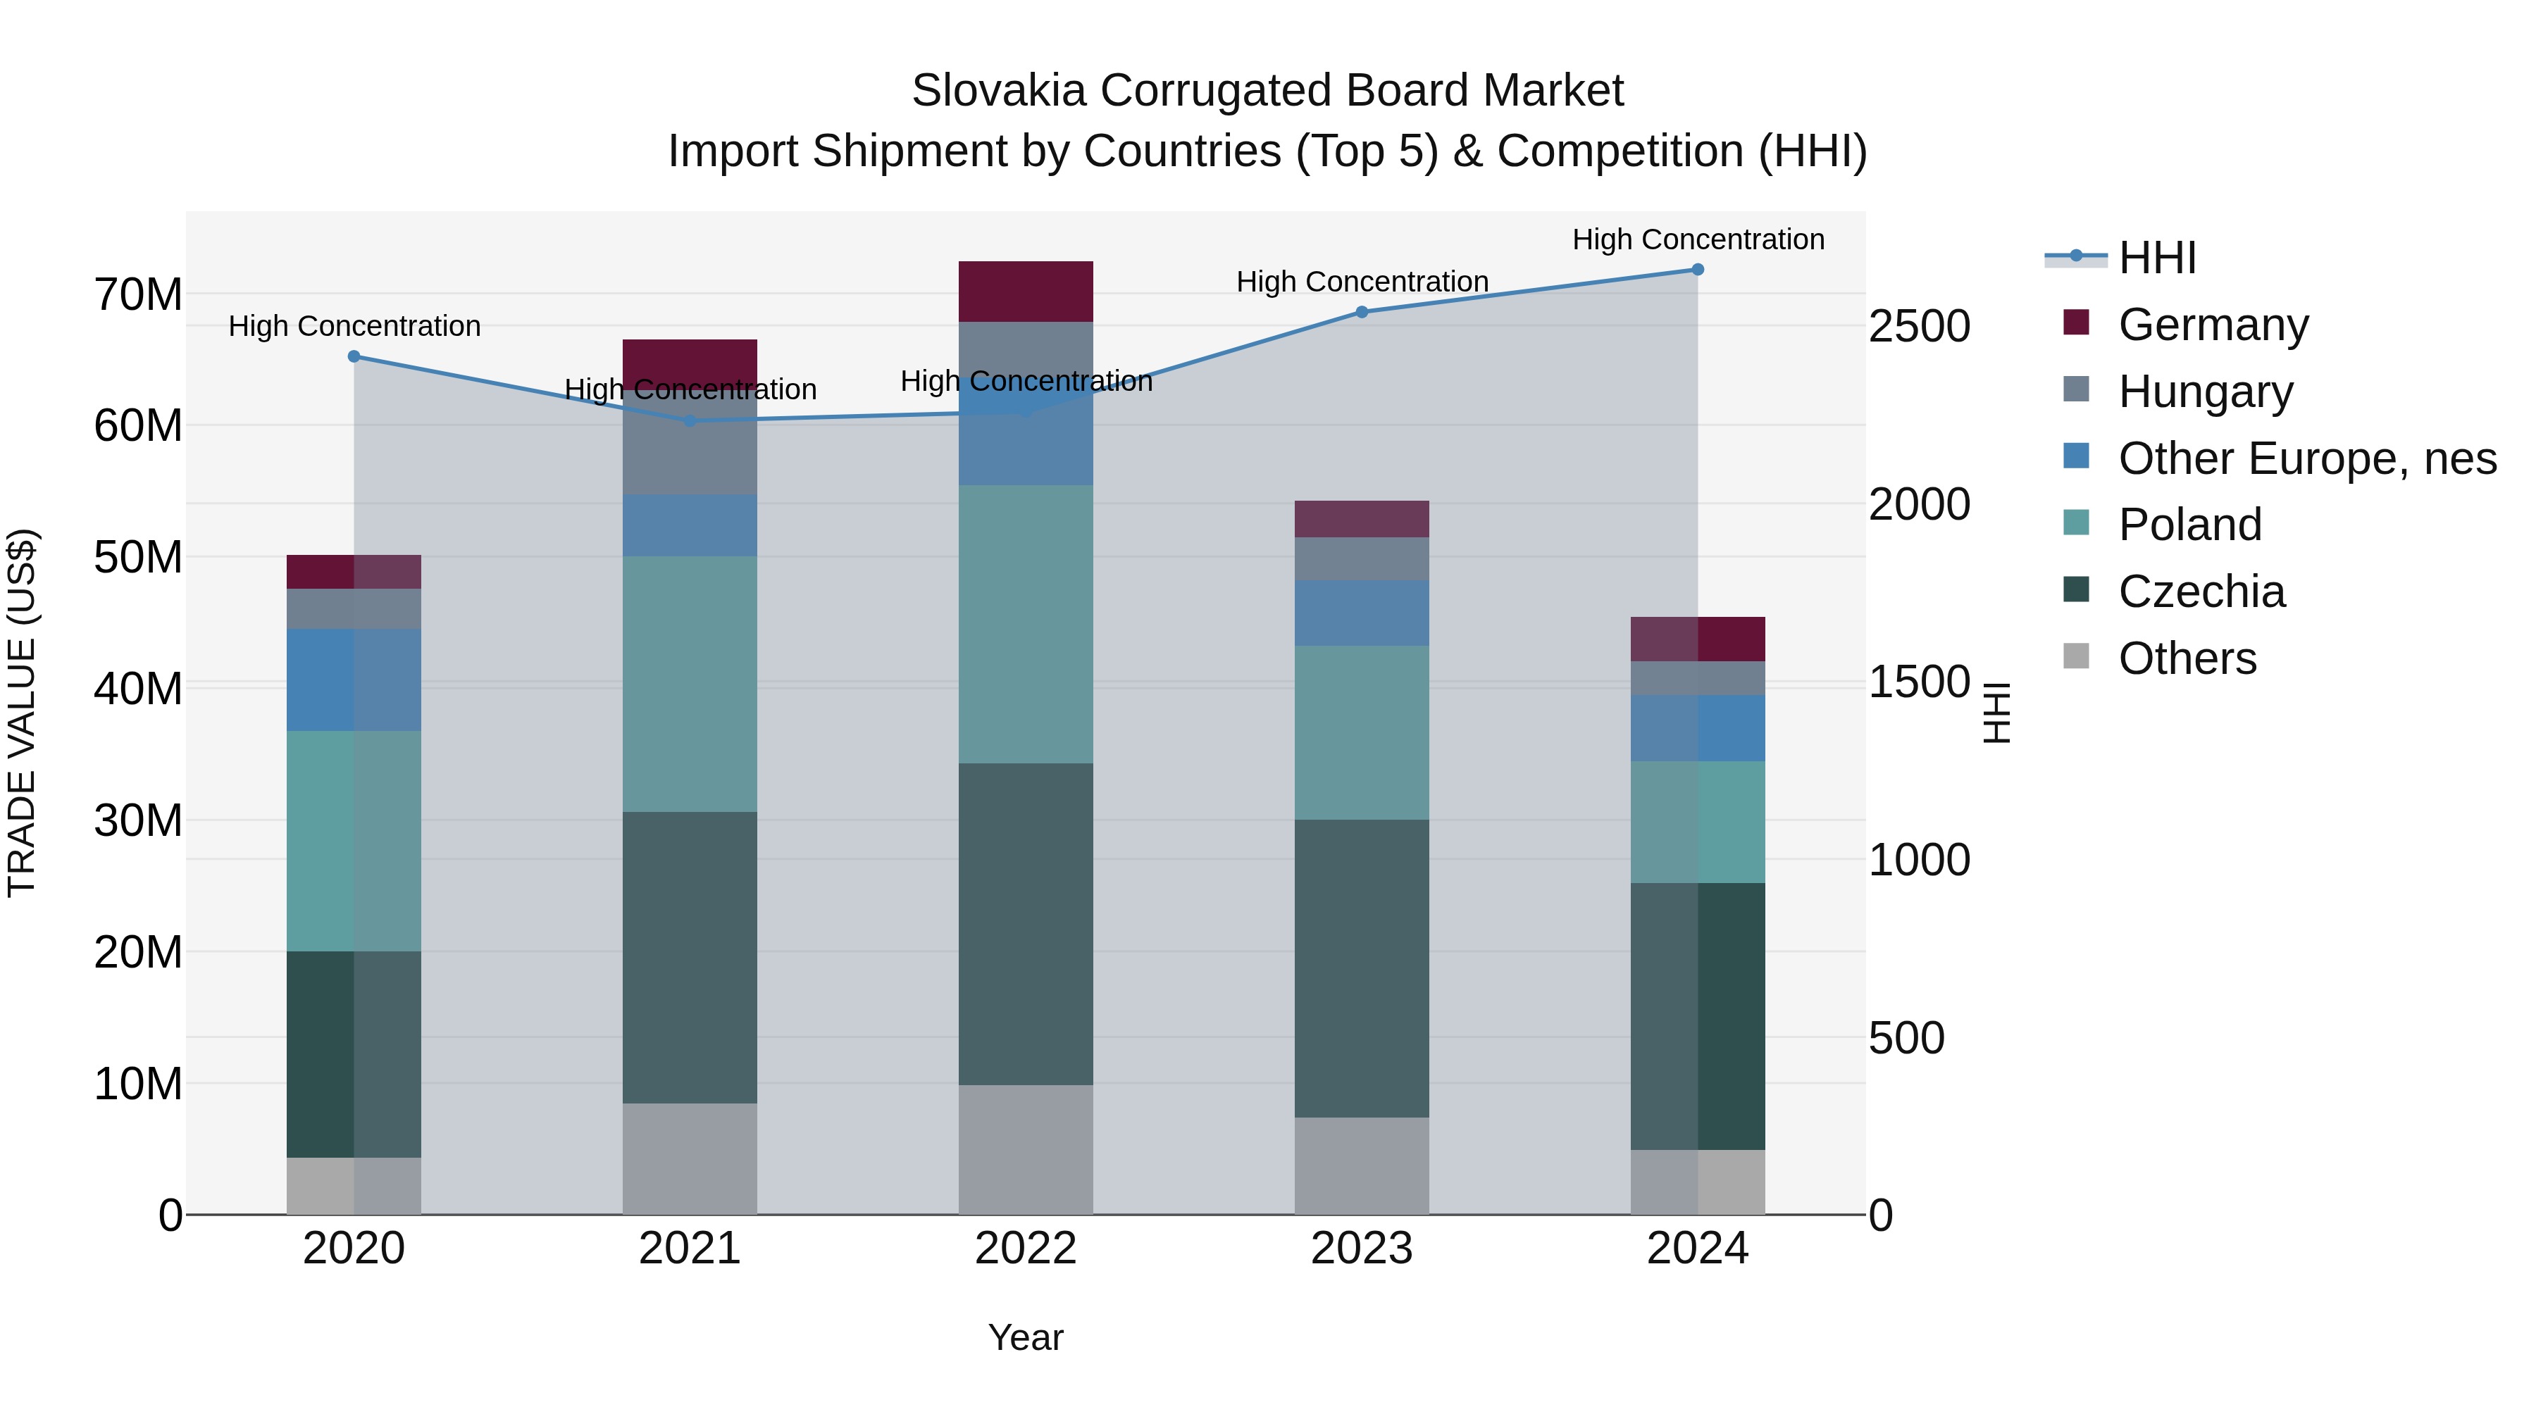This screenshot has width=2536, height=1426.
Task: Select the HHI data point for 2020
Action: tap(354, 356)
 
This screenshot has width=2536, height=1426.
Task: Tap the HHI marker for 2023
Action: tap(1362, 312)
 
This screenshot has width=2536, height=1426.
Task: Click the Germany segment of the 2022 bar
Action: tap(1026, 292)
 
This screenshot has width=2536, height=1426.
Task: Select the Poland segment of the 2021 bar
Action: tap(690, 684)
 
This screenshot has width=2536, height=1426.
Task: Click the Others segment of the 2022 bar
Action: tap(1026, 1149)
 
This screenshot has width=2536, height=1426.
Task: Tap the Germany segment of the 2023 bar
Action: tap(1362, 518)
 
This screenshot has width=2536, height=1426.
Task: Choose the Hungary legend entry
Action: tap(2205, 392)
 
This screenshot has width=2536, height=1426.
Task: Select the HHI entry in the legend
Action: tap(2156, 258)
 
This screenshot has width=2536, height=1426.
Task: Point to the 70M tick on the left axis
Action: tap(138, 294)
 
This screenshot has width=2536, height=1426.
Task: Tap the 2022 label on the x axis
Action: tap(1026, 1249)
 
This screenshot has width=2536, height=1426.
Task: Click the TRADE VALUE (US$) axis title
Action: tap(22, 713)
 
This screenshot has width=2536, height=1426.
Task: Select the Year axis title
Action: tap(1026, 1337)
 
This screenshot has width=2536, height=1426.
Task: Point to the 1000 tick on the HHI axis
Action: tap(1919, 860)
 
